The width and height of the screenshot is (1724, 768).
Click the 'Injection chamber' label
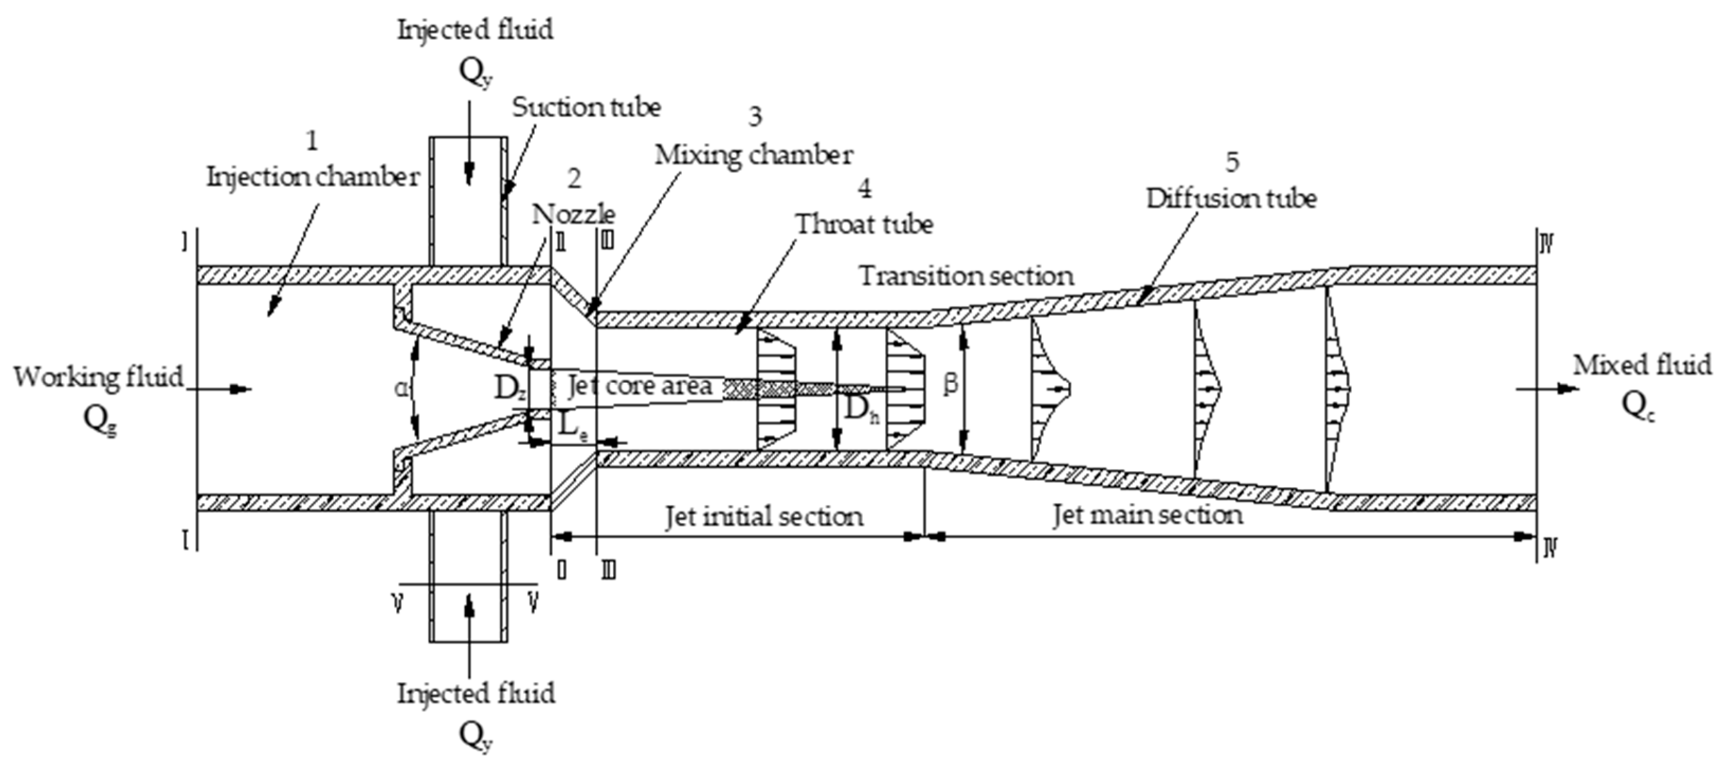[x=313, y=177]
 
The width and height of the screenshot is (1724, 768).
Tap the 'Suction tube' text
[x=586, y=107]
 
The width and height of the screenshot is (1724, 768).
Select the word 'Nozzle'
[x=573, y=214]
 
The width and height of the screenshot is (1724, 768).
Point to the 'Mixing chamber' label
[x=754, y=154]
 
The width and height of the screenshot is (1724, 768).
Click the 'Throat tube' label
[x=864, y=224]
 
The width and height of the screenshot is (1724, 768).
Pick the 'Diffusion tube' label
[x=1232, y=199]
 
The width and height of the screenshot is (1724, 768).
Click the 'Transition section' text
[x=966, y=276]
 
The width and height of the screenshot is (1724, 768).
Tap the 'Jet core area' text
[x=640, y=386]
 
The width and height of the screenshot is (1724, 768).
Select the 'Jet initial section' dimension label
[x=764, y=516]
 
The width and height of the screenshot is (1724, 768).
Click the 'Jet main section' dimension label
[x=1148, y=515]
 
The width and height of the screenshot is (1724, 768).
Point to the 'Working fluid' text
[x=98, y=377]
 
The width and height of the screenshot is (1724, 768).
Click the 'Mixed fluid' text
[x=1641, y=365]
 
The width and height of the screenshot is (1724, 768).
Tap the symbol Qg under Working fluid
[x=100, y=420]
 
